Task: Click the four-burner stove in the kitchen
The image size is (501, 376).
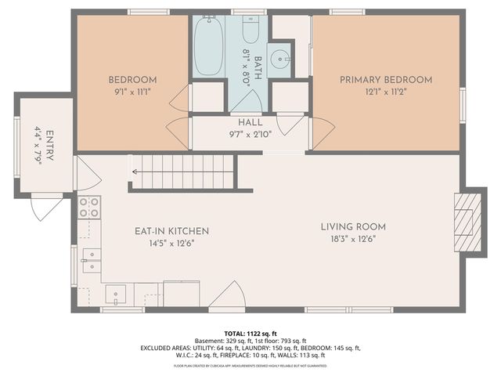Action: (x=89, y=207)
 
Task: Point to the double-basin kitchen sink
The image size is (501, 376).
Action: (x=92, y=259)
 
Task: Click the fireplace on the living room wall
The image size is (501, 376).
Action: (x=467, y=222)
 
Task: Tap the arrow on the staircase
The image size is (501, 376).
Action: (x=145, y=172)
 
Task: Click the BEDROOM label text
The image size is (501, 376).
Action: (x=132, y=80)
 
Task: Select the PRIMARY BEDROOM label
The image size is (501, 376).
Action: (x=386, y=80)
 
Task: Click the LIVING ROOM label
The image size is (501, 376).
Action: (x=353, y=227)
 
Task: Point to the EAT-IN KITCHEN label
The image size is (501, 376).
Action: (x=171, y=231)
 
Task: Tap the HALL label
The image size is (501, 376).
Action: (x=250, y=123)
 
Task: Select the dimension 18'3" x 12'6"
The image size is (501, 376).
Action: (x=353, y=240)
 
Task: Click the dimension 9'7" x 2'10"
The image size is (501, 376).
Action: (x=250, y=134)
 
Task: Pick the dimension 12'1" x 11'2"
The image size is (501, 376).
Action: (x=386, y=91)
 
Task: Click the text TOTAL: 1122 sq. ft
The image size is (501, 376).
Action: (x=250, y=333)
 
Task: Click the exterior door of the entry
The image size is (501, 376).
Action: (x=45, y=206)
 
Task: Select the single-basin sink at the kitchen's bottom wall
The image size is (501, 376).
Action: (x=116, y=295)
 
